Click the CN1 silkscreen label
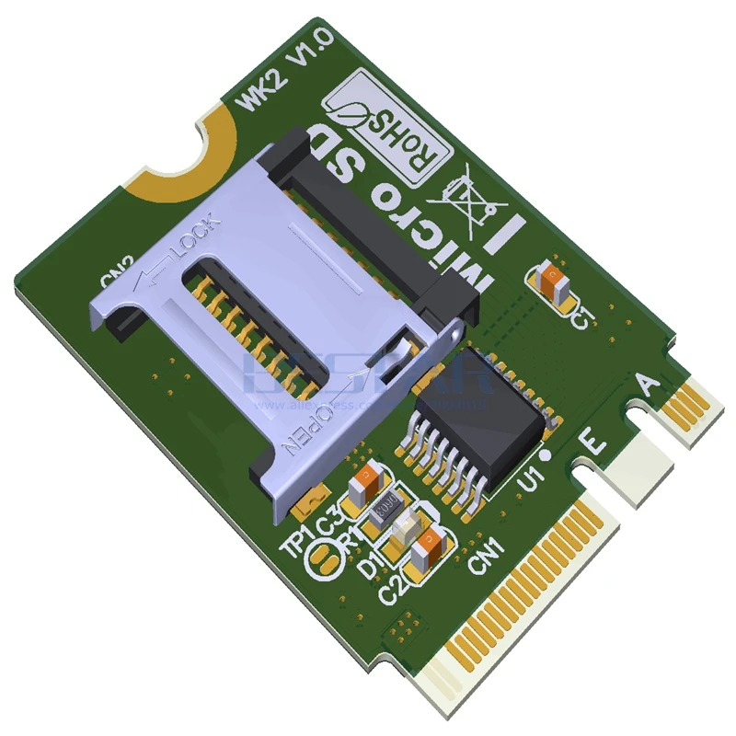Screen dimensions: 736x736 click(485, 559)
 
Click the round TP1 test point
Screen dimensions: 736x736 click(325, 558)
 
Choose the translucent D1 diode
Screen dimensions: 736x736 click(405, 530)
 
